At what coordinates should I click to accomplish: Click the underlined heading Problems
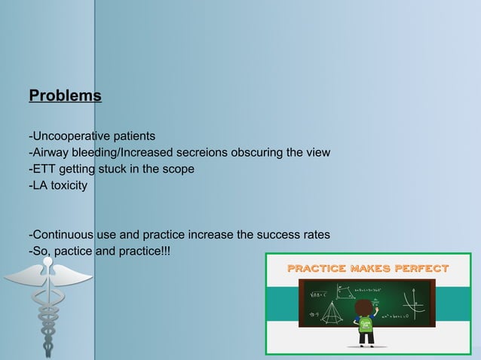coord(65,96)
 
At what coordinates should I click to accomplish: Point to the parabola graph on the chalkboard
coord(414,306)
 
